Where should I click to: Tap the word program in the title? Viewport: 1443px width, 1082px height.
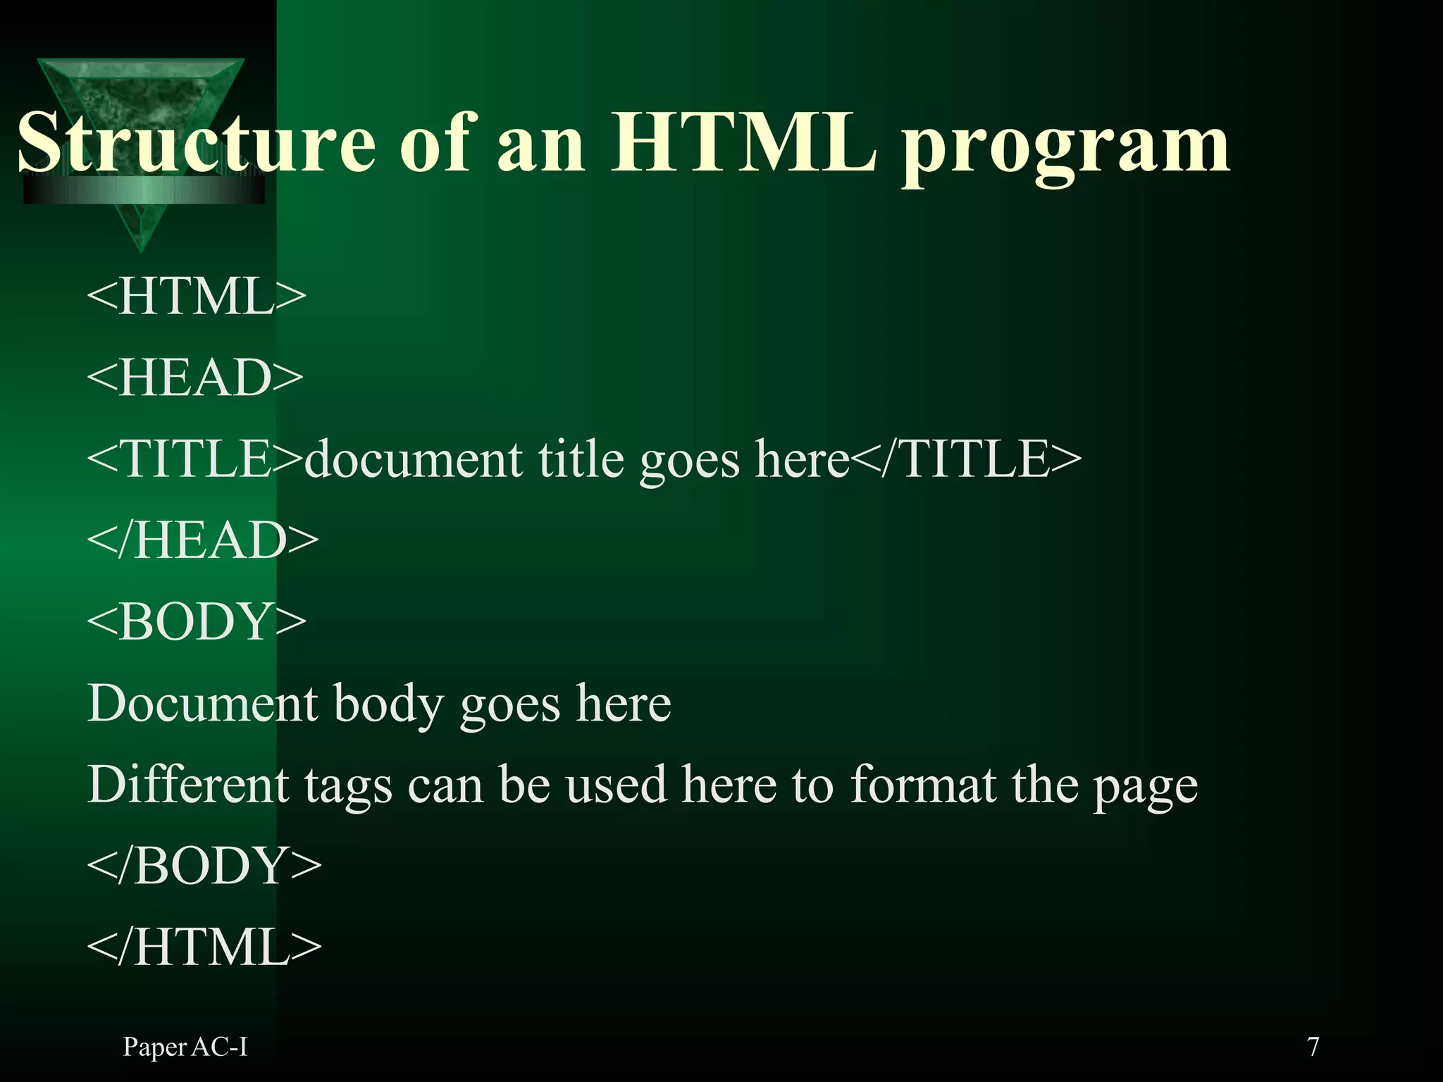coord(1065,148)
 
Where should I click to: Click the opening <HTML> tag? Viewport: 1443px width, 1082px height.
coord(197,296)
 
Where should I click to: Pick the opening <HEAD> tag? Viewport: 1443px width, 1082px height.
coord(195,378)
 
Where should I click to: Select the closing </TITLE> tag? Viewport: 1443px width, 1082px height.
coord(966,459)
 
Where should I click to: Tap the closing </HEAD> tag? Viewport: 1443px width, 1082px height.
coord(203,540)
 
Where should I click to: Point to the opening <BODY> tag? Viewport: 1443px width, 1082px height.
coord(197,621)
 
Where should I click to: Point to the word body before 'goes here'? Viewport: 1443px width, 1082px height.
coord(388,704)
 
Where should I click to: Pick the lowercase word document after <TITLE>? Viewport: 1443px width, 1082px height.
coord(413,459)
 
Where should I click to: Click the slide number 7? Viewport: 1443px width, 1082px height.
coord(1313,1047)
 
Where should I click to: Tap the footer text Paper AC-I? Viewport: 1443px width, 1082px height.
coord(185,1047)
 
